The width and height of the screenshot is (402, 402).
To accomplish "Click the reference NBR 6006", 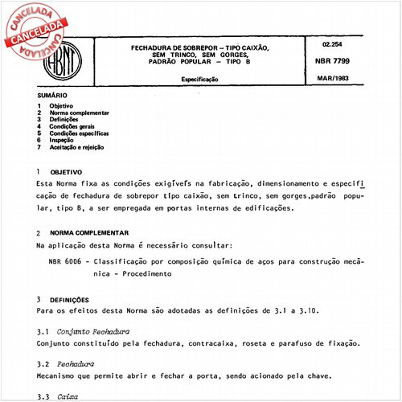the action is coord(68,262).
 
